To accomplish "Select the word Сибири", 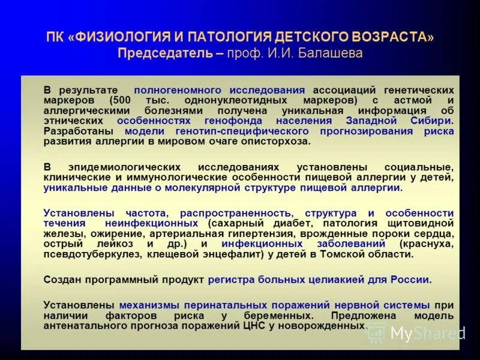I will coord(431,121).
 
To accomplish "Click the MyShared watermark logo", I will coord(416,333).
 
